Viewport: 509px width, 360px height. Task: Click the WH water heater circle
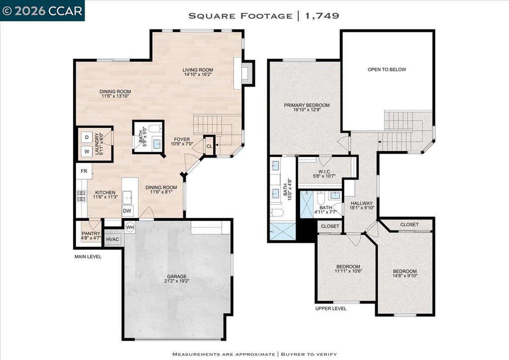[130, 227]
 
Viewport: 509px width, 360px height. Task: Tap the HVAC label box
[113, 240]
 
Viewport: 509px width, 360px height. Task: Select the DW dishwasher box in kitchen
[127, 211]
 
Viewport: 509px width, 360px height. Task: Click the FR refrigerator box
[84, 171]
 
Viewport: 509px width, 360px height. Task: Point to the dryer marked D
[86, 137]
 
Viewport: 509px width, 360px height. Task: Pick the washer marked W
[86, 152]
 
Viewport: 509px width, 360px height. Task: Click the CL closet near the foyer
[209, 146]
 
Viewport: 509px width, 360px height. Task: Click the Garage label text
[177, 276]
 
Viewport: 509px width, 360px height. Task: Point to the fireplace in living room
[247, 73]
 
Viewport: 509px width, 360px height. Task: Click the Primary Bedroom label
[307, 105]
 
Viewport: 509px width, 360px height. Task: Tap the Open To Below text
[387, 70]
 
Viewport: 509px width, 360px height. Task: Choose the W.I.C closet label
[324, 172]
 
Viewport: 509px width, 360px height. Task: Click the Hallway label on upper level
[362, 203]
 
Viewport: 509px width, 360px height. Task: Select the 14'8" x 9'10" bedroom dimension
[405, 276]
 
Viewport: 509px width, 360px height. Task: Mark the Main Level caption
[88, 257]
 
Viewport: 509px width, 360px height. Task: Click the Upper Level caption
[331, 308]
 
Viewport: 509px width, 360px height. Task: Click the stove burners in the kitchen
[81, 196]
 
